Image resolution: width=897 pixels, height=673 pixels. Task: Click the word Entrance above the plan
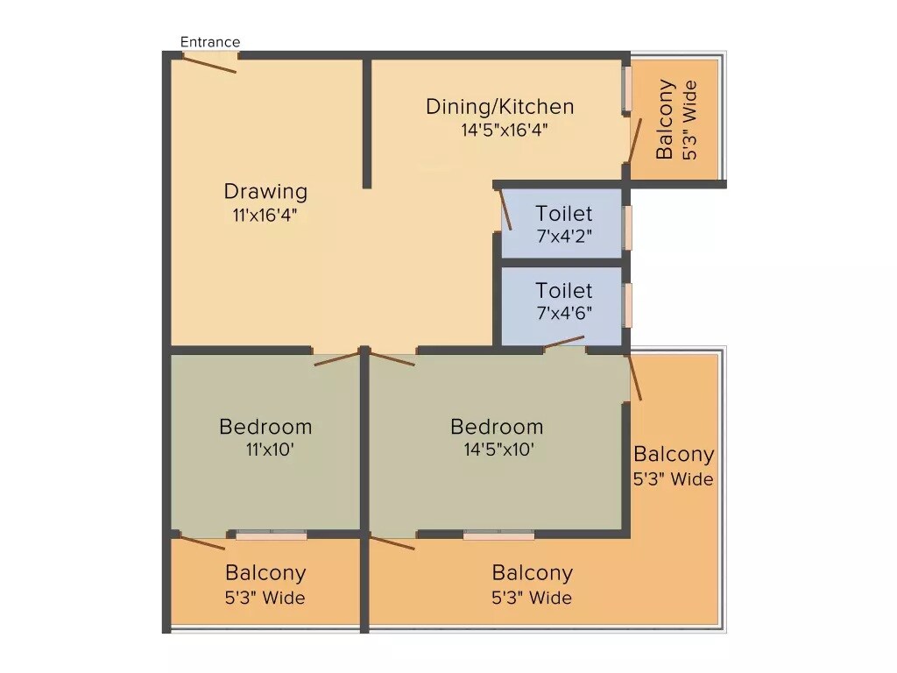[210, 42]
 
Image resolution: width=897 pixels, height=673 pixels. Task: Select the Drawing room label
[265, 191]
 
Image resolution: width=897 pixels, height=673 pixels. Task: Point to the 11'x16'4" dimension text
[265, 215]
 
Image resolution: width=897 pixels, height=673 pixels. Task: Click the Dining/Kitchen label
[500, 107]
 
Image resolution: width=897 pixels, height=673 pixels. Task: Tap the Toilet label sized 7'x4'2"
[564, 213]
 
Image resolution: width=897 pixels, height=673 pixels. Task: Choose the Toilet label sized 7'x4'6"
[564, 290]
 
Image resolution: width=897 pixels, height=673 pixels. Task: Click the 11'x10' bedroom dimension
[265, 450]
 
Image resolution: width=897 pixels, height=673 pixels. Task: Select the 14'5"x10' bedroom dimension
[497, 450]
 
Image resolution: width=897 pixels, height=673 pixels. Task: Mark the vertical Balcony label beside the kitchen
[666, 119]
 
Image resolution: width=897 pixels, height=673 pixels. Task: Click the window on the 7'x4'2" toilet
[627, 228]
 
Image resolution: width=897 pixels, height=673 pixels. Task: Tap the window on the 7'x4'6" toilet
[627, 305]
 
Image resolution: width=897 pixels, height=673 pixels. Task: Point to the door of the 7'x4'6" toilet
[564, 343]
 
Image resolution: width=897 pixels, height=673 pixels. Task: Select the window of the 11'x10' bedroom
[271, 534]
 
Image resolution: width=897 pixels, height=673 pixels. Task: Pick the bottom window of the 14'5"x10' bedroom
[498, 534]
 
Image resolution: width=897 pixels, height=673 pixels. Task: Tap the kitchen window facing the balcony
[627, 89]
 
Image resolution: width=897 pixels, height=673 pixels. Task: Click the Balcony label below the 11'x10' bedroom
[265, 573]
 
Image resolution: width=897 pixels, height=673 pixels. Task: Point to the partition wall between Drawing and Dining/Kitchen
[367, 123]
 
